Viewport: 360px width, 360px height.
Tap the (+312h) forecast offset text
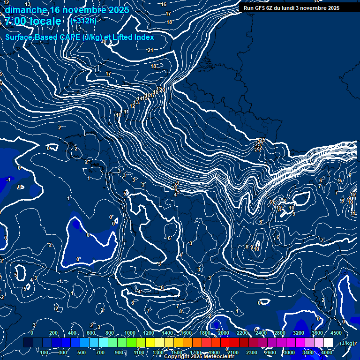click(x=84, y=21)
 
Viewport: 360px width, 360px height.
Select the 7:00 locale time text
click(x=32, y=21)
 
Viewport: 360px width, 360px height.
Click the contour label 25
click(x=262, y=140)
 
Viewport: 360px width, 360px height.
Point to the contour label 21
click(x=150, y=50)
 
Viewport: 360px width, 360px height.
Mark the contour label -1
click(x=8, y=180)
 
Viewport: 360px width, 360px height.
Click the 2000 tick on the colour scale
click(x=223, y=333)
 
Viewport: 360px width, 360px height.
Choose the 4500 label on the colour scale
click(x=336, y=333)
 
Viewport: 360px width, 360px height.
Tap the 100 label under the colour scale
click(x=44, y=352)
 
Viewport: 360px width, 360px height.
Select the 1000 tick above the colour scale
click(x=130, y=333)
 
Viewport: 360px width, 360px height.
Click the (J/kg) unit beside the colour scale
click(x=347, y=343)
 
